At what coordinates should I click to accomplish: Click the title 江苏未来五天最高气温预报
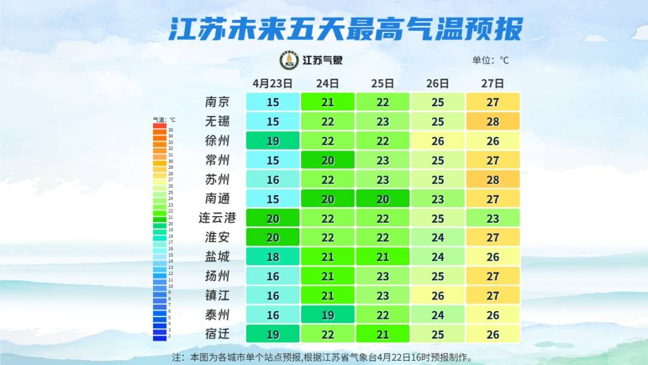346,29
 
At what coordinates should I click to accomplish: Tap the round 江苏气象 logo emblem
289,60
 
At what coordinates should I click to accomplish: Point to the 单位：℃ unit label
490,60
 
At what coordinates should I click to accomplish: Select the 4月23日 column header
272,83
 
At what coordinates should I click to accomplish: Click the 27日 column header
493,83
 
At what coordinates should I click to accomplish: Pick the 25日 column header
383,83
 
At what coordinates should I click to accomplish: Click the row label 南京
217,102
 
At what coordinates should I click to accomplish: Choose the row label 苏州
217,179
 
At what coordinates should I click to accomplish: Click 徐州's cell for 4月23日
273,141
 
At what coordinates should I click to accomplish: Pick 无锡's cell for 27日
493,122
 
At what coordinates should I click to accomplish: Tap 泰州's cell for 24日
328,314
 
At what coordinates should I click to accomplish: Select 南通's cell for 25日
383,199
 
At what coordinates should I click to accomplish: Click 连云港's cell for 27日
493,218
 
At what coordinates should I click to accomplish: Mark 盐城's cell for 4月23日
273,256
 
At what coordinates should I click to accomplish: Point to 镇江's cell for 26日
438,295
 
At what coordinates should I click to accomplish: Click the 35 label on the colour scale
170,130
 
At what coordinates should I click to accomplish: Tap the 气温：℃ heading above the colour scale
164,119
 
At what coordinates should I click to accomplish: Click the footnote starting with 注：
322,357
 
